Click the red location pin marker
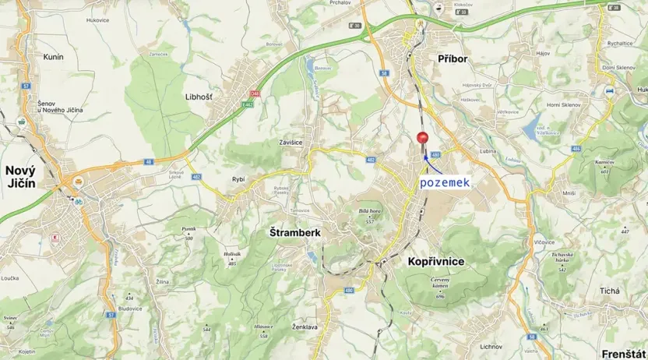[423, 139]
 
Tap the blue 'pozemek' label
[444, 182]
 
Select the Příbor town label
[453, 59]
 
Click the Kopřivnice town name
[435, 262]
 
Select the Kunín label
[53, 57]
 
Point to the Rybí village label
[238, 179]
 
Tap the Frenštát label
[624, 354]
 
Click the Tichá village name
[610, 291]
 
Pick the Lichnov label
[491, 345]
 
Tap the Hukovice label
[98, 19]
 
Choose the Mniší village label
[569, 192]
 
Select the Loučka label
[9, 277]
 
